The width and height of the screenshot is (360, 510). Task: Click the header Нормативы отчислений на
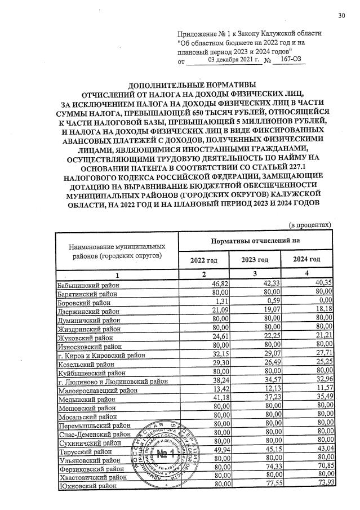(x=255, y=241)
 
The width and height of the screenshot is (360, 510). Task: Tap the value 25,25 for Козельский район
(x=322, y=364)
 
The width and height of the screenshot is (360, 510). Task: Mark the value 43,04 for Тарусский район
(x=322, y=451)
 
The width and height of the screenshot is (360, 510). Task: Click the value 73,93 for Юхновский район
(x=322, y=486)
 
